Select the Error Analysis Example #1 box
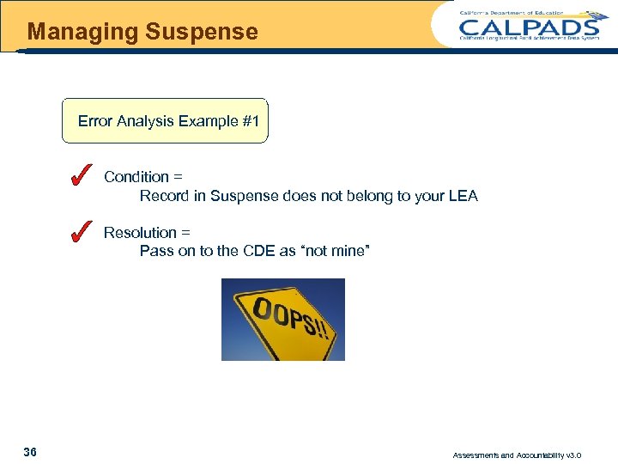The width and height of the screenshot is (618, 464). click(x=166, y=120)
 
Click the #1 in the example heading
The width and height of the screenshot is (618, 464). click(x=251, y=121)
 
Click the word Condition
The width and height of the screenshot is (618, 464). click(x=136, y=177)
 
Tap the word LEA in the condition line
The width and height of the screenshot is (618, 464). click(x=463, y=196)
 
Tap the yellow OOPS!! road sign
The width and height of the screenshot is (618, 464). click(x=283, y=319)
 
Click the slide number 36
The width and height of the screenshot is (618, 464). click(x=30, y=452)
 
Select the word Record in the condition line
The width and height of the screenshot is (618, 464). click(x=163, y=196)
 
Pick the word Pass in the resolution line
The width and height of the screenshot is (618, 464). click(x=156, y=252)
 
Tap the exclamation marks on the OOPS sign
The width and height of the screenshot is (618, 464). click(x=320, y=332)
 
